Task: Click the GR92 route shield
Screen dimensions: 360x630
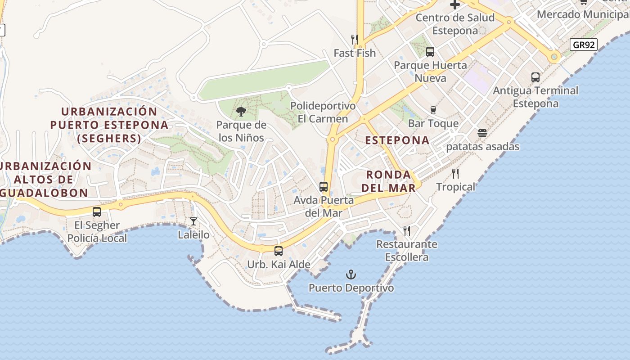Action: click(583, 45)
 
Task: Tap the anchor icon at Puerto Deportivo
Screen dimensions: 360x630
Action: click(351, 274)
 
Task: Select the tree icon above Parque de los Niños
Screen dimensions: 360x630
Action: click(241, 111)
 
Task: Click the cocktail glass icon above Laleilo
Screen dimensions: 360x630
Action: click(193, 221)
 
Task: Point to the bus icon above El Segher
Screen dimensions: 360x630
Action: click(97, 211)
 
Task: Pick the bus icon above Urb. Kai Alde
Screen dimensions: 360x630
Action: click(279, 251)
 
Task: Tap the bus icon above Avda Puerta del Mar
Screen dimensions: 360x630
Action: click(324, 186)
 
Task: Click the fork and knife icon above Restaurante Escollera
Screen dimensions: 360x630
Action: click(407, 231)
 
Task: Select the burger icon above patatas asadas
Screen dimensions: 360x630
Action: click(482, 133)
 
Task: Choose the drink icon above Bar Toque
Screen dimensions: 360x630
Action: click(433, 110)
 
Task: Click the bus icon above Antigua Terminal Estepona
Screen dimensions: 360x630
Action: click(535, 77)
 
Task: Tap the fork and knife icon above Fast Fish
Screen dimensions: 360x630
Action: click(355, 40)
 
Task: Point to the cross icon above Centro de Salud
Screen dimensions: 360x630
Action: click(455, 5)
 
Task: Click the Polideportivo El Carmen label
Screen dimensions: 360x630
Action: click(323, 112)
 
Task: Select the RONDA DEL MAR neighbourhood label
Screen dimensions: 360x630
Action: click(389, 181)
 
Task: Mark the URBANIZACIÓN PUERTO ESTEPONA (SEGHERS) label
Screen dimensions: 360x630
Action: click(109, 125)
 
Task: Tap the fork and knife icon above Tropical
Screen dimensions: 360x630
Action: click(455, 173)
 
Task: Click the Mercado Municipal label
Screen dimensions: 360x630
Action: click(583, 14)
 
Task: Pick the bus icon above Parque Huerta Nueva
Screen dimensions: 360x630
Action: click(430, 52)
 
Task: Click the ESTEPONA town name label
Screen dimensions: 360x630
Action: click(397, 140)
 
